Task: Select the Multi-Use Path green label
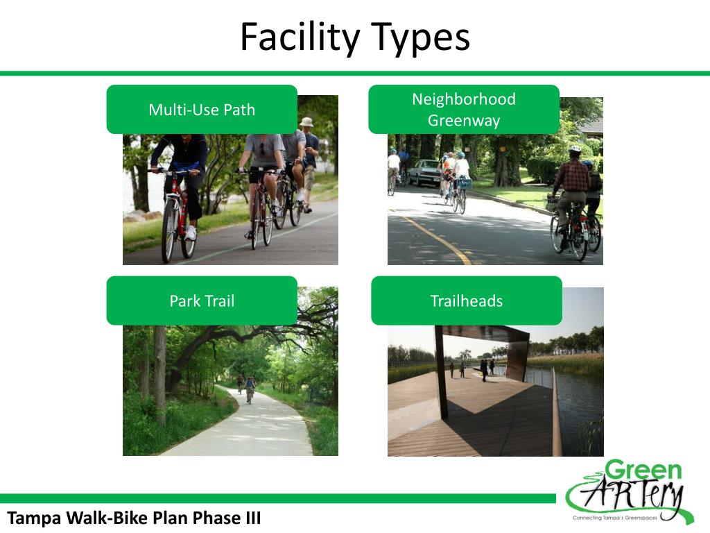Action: click(x=202, y=110)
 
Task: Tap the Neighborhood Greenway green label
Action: click(x=464, y=110)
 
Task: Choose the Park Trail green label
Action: click(x=202, y=301)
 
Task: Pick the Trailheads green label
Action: click(x=467, y=301)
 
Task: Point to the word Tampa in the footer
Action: click(x=35, y=518)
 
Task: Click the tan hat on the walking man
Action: click(x=306, y=122)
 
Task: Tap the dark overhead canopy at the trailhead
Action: click(x=485, y=334)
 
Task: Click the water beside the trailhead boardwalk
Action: click(x=579, y=409)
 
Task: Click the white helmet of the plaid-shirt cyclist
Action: click(x=574, y=150)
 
